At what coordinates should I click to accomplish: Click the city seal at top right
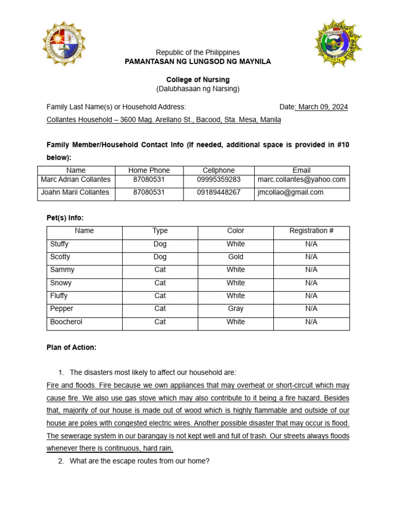[338, 43]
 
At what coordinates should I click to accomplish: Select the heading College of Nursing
[198, 79]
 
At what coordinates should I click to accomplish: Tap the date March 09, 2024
[322, 107]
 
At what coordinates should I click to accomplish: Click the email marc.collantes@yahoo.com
[302, 179]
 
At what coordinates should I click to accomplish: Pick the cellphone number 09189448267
[219, 192]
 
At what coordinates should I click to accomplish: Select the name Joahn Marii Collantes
[75, 192]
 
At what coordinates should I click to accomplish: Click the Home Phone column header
[148, 170]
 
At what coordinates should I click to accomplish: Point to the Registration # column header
[311, 230]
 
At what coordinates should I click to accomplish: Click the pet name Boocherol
[66, 322]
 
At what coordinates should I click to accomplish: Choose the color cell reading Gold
[236, 257]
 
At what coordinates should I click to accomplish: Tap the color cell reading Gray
[236, 308]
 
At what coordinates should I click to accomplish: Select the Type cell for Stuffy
[160, 244]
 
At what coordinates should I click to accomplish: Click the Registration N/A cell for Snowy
[311, 283]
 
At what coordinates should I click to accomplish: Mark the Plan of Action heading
[71, 348]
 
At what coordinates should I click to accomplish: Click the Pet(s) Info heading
[65, 218]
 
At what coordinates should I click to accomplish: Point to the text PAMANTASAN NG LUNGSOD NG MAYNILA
[198, 61]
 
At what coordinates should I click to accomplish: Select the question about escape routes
[139, 461]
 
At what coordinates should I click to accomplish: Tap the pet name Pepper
[62, 308]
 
